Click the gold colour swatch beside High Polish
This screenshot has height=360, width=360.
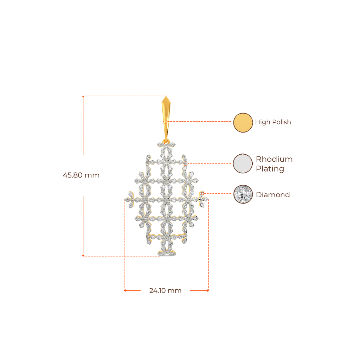(x=243, y=122)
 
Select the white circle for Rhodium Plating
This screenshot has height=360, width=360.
(x=243, y=163)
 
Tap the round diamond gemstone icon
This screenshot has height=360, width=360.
(x=243, y=194)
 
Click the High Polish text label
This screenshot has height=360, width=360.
(x=273, y=122)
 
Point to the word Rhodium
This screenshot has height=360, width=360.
(x=274, y=159)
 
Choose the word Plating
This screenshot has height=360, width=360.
(x=270, y=169)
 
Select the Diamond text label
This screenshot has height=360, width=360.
(x=273, y=195)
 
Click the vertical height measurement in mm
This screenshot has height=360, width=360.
(x=81, y=175)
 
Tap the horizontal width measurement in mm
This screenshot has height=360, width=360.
(x=165, y=291)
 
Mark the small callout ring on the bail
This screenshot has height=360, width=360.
(x=167, y=122)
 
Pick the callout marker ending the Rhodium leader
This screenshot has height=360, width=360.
(x=186, y=163)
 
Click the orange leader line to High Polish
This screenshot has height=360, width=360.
(x=200, y=122)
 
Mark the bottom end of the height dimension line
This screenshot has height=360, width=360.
(x=83, y=256)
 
